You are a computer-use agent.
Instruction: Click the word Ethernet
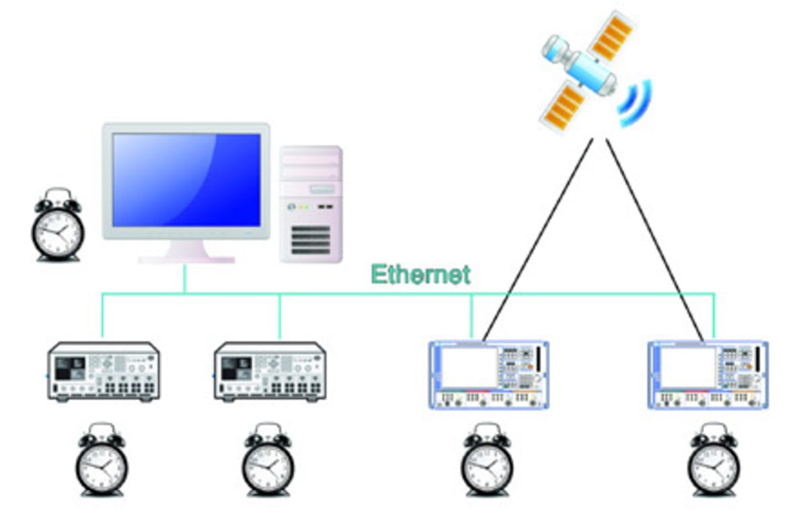coord(420,275)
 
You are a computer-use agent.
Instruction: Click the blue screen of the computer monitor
coord(186,179)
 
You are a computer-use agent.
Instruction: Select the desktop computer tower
coord(311,204)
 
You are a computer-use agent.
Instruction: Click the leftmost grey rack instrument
coord(104,372)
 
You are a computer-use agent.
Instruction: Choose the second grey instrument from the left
coord(270,372)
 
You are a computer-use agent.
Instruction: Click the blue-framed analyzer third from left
coord(490,375)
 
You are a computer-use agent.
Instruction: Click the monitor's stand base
coord(186,258)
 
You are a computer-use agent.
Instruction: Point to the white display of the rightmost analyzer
coord(688,367)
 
